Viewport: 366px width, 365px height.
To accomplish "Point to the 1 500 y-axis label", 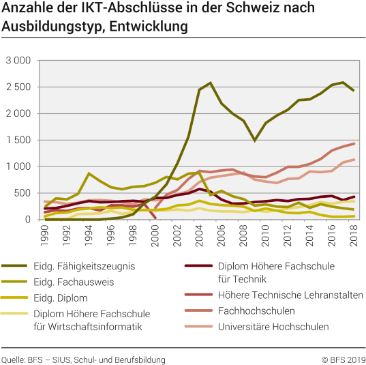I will pos(18,140).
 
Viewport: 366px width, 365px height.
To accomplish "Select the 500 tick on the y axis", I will pos(23,193).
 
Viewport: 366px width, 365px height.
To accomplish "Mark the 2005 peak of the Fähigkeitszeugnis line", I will pos(211,83).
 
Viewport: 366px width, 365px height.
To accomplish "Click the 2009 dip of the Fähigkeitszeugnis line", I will pos(254,140).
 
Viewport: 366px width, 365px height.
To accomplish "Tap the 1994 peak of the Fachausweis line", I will pos(89,173).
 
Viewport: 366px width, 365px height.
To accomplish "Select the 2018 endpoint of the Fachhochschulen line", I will pos(353,143).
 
